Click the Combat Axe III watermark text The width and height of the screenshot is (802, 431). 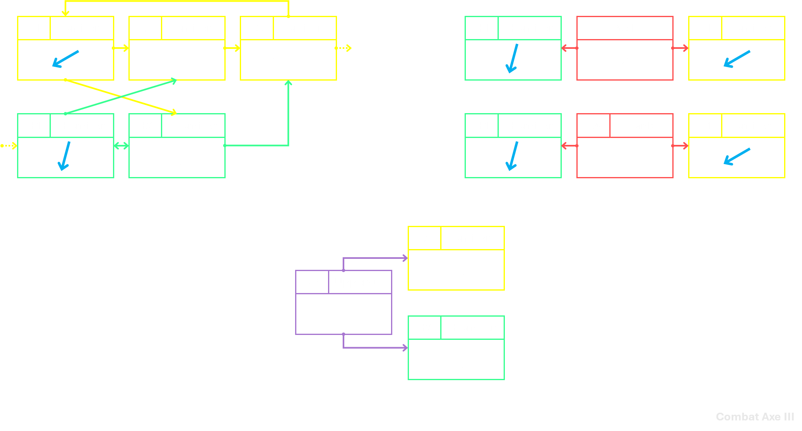755,417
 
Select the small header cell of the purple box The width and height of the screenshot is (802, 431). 312,282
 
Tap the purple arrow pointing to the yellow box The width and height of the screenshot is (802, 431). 374,258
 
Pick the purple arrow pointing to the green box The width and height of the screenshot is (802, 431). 374,348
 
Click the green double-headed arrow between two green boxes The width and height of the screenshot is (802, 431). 121,146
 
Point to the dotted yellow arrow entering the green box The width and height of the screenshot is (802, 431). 9,146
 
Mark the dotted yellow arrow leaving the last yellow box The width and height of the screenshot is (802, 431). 343,48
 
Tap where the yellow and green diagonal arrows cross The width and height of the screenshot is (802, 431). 121,96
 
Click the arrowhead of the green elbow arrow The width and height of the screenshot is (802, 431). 288,83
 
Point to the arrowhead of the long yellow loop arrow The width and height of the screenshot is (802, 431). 65,14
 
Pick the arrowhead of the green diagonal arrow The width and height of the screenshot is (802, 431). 174,81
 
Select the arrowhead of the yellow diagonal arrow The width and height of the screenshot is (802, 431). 174,112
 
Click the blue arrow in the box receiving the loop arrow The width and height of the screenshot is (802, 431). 65,59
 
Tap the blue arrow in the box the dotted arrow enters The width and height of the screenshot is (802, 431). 65,156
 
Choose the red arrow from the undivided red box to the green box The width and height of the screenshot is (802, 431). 569,48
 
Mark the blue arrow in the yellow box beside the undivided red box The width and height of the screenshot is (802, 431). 737,59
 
